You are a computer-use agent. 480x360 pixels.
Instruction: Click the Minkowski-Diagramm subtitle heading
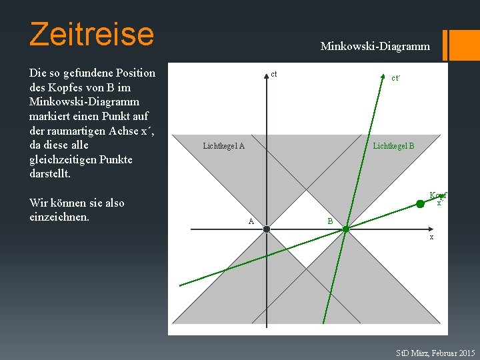point(375,46)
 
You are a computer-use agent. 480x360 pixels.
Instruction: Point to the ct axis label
point(274,74)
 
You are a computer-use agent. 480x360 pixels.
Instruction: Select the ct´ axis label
point(395,78)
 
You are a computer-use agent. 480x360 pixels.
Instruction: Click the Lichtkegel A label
point(223,146)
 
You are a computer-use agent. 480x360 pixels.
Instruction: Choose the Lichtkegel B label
point(393,145)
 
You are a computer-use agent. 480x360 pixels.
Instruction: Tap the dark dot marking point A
point(266,229)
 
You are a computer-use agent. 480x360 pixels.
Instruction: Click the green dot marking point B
point(346,229)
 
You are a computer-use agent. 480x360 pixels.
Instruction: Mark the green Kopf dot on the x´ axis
point(420,203)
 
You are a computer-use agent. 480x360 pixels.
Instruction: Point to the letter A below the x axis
point(251,221)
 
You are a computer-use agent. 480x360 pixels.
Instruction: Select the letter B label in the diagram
point(329,221)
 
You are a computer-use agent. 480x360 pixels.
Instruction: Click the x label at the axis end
point(431,237)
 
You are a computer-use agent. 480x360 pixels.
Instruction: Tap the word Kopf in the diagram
point(437,195)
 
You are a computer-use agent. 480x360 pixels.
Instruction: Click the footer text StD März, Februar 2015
point(435,353)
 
